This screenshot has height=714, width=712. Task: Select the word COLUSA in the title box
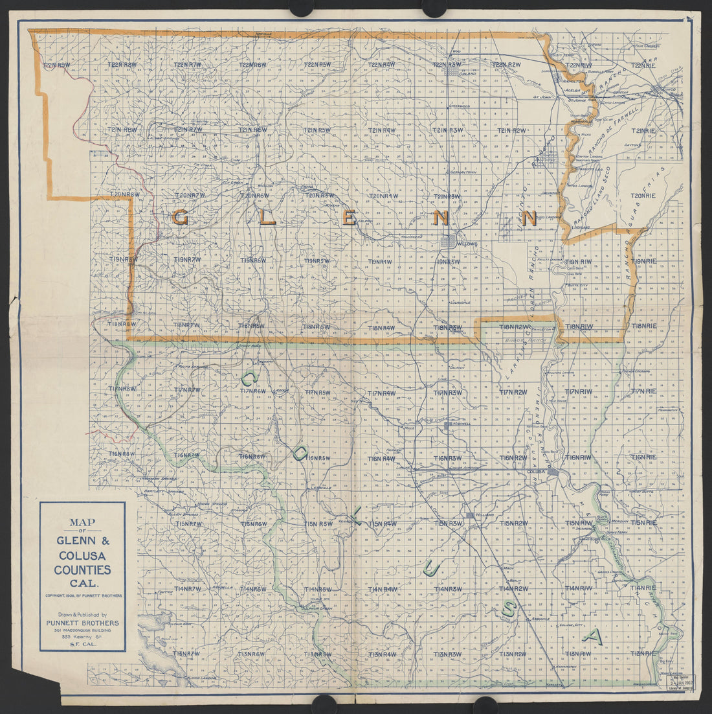coord(82,556)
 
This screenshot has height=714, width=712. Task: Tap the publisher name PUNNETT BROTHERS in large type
coord(82,623)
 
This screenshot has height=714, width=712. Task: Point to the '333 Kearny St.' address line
coord(82,638)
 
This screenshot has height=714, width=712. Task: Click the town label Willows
coord(467,244)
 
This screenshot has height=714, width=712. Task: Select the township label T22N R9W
coord(56,65)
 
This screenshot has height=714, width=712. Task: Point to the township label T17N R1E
coord(643,391)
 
